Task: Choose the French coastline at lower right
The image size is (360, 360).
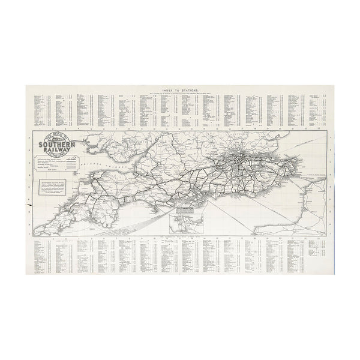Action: pos(306,210)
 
